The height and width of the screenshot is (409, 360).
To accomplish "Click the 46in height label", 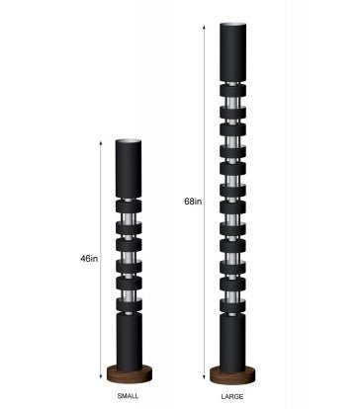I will (90, 258).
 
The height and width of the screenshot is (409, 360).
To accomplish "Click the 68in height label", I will (193, 202).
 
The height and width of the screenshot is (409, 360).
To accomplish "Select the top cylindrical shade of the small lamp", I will (130, 169).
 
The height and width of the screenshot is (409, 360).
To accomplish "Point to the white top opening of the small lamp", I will (130, 142).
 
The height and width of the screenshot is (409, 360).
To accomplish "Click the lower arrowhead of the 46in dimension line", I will (101, 376).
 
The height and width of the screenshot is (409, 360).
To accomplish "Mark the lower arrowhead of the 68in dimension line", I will (205, 376).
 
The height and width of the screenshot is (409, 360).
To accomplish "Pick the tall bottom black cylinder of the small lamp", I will (130, 337).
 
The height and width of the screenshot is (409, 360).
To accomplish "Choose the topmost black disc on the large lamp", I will (233, 106).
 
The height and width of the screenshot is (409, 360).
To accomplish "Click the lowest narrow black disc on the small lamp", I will (130, 286).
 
